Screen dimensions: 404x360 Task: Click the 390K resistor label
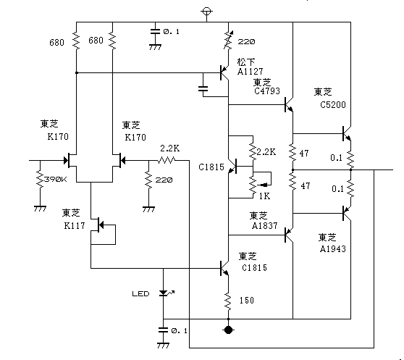click(56, 180)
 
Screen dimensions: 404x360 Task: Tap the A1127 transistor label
click(251, 72)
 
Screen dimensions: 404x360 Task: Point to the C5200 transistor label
click(333, 104)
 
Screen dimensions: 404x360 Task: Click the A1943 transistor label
click(332, 248)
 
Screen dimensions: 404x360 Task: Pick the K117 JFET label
click(75, 226)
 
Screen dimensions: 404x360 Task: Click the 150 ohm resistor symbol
click(228, 301)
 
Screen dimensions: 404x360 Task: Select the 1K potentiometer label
click(264, 196)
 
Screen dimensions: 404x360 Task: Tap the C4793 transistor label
click(267, 91)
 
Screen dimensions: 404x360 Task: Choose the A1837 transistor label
click(264, 226)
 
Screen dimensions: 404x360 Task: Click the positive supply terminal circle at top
click(206, 12)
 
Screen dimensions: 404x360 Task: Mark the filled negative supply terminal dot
click(228, 330)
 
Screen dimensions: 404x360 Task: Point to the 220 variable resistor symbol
click(228, 40)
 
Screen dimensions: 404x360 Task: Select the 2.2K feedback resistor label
click(170, 148)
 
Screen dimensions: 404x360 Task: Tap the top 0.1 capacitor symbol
click(155, 32)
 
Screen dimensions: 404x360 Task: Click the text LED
click(140, 294)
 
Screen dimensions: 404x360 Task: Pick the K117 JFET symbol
click(102, 230)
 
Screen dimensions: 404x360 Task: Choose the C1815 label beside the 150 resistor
click(255, 268)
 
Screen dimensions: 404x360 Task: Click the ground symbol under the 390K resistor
click(40, 209)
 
